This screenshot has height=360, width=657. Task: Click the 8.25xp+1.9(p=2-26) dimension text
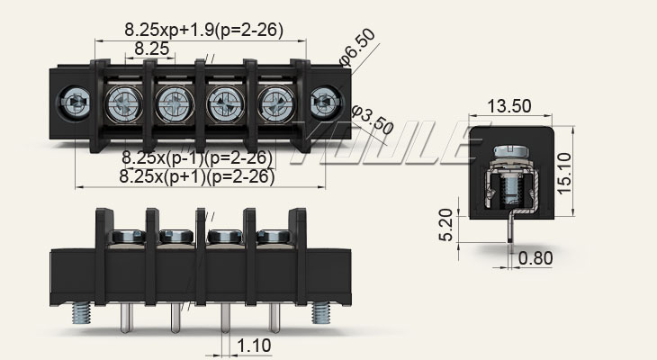click(203, 30)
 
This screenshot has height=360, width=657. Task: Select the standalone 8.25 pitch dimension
click(151, 49)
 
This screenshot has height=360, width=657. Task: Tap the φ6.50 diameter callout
click(357, 47)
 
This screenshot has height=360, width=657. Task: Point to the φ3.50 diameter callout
click(372, 121)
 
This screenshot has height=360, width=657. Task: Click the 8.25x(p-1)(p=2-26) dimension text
click(196, 158)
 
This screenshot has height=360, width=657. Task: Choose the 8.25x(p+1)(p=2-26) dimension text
click(196, 177)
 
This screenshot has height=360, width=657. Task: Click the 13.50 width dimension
click(508, 105)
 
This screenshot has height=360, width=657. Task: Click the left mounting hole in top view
click(71, 103)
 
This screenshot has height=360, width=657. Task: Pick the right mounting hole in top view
click(321, 103)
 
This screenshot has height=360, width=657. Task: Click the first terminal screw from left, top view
click(121, 103)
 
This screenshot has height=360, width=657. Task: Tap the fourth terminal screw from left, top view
click(273, 103)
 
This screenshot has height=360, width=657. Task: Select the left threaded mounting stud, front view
click(76, 312)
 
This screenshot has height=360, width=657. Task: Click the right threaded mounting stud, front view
click(321, 312)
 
